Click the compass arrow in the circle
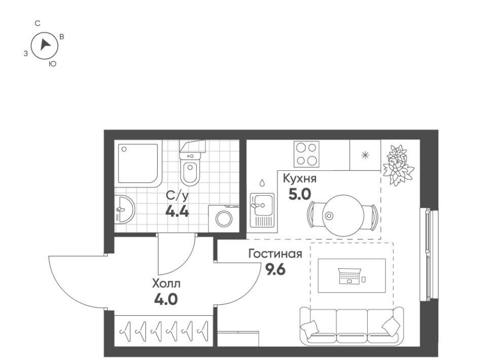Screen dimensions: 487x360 (x=45, y=45)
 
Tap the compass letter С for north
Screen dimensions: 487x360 (x=38, y=24)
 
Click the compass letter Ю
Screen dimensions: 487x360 (x=53, y=64)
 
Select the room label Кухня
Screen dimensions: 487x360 (x=299, y=179)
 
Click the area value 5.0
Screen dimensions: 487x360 (x=299, y=195)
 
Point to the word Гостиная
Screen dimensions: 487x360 (x=275, y=254)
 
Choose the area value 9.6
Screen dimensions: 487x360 (x=275, y=269)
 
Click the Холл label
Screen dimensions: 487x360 (x=166, y=283)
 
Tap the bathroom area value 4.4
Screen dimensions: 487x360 (x=177, y=211)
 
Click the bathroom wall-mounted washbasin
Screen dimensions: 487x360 (x=124, y=209)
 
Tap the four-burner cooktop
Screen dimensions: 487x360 (x=306, y=154)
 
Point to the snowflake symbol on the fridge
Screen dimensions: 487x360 (x=365, y=155)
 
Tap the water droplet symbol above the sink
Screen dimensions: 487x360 (x=262, y=183)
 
